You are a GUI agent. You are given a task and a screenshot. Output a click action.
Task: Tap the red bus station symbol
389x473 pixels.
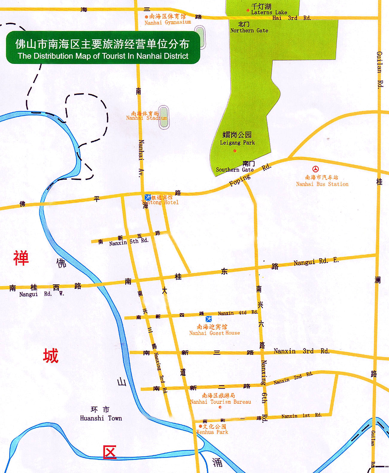pyautogui.click(x=315, y=169)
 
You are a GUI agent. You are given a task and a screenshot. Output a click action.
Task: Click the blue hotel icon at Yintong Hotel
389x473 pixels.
pyautogui.click(x=148, y=198)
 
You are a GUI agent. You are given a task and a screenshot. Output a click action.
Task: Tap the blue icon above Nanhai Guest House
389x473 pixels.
pyautogui.click(x=209, y=319)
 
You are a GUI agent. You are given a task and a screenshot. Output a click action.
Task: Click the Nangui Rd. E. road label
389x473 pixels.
pyautogui.click(x=316, y=262)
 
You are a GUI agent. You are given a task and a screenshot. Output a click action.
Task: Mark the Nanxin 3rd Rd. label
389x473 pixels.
pyautogui.click(x=301, y=351)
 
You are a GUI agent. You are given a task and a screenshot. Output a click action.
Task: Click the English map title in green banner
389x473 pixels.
pyautogui.click(x=103, y=56)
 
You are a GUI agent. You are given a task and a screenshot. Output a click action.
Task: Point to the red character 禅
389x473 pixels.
pyautogui.click(x=21, y=258)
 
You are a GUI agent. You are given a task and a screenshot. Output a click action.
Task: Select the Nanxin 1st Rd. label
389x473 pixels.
pyautogui.click(x=301, y=416)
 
